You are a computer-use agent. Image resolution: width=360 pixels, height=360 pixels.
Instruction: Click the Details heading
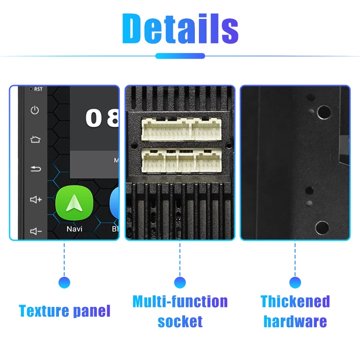[x=180, y=28]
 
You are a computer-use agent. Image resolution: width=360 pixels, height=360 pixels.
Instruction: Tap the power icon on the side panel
[x=35, y=110]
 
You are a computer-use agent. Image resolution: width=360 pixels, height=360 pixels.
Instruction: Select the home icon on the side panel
[x=35, y=139]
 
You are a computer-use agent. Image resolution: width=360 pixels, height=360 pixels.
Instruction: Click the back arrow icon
[x=35, y=169]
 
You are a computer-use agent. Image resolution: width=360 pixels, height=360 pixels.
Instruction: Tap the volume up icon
[x=36, y=199]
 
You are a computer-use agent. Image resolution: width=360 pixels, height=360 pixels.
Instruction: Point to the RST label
[x=38, y=89]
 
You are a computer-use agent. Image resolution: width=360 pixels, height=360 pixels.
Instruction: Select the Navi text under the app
[x=74, y=229]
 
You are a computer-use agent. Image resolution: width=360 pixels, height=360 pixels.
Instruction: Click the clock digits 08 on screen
[x=103, y=118]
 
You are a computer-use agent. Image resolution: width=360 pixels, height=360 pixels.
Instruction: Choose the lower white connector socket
[x=180, y=159]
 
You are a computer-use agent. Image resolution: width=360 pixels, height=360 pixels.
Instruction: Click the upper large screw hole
[x=323, y=112]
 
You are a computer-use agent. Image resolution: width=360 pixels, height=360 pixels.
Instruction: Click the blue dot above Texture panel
[x=64, y=283]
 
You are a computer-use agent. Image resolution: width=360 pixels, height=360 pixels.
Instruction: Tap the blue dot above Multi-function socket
[x=180, y=283]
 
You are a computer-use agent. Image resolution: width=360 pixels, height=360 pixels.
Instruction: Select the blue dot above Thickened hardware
[x=295, y=283]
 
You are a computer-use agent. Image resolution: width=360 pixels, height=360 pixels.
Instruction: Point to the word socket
[x=180, y=321]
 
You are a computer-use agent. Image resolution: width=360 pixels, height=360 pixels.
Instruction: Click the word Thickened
[x=295, y=301]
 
